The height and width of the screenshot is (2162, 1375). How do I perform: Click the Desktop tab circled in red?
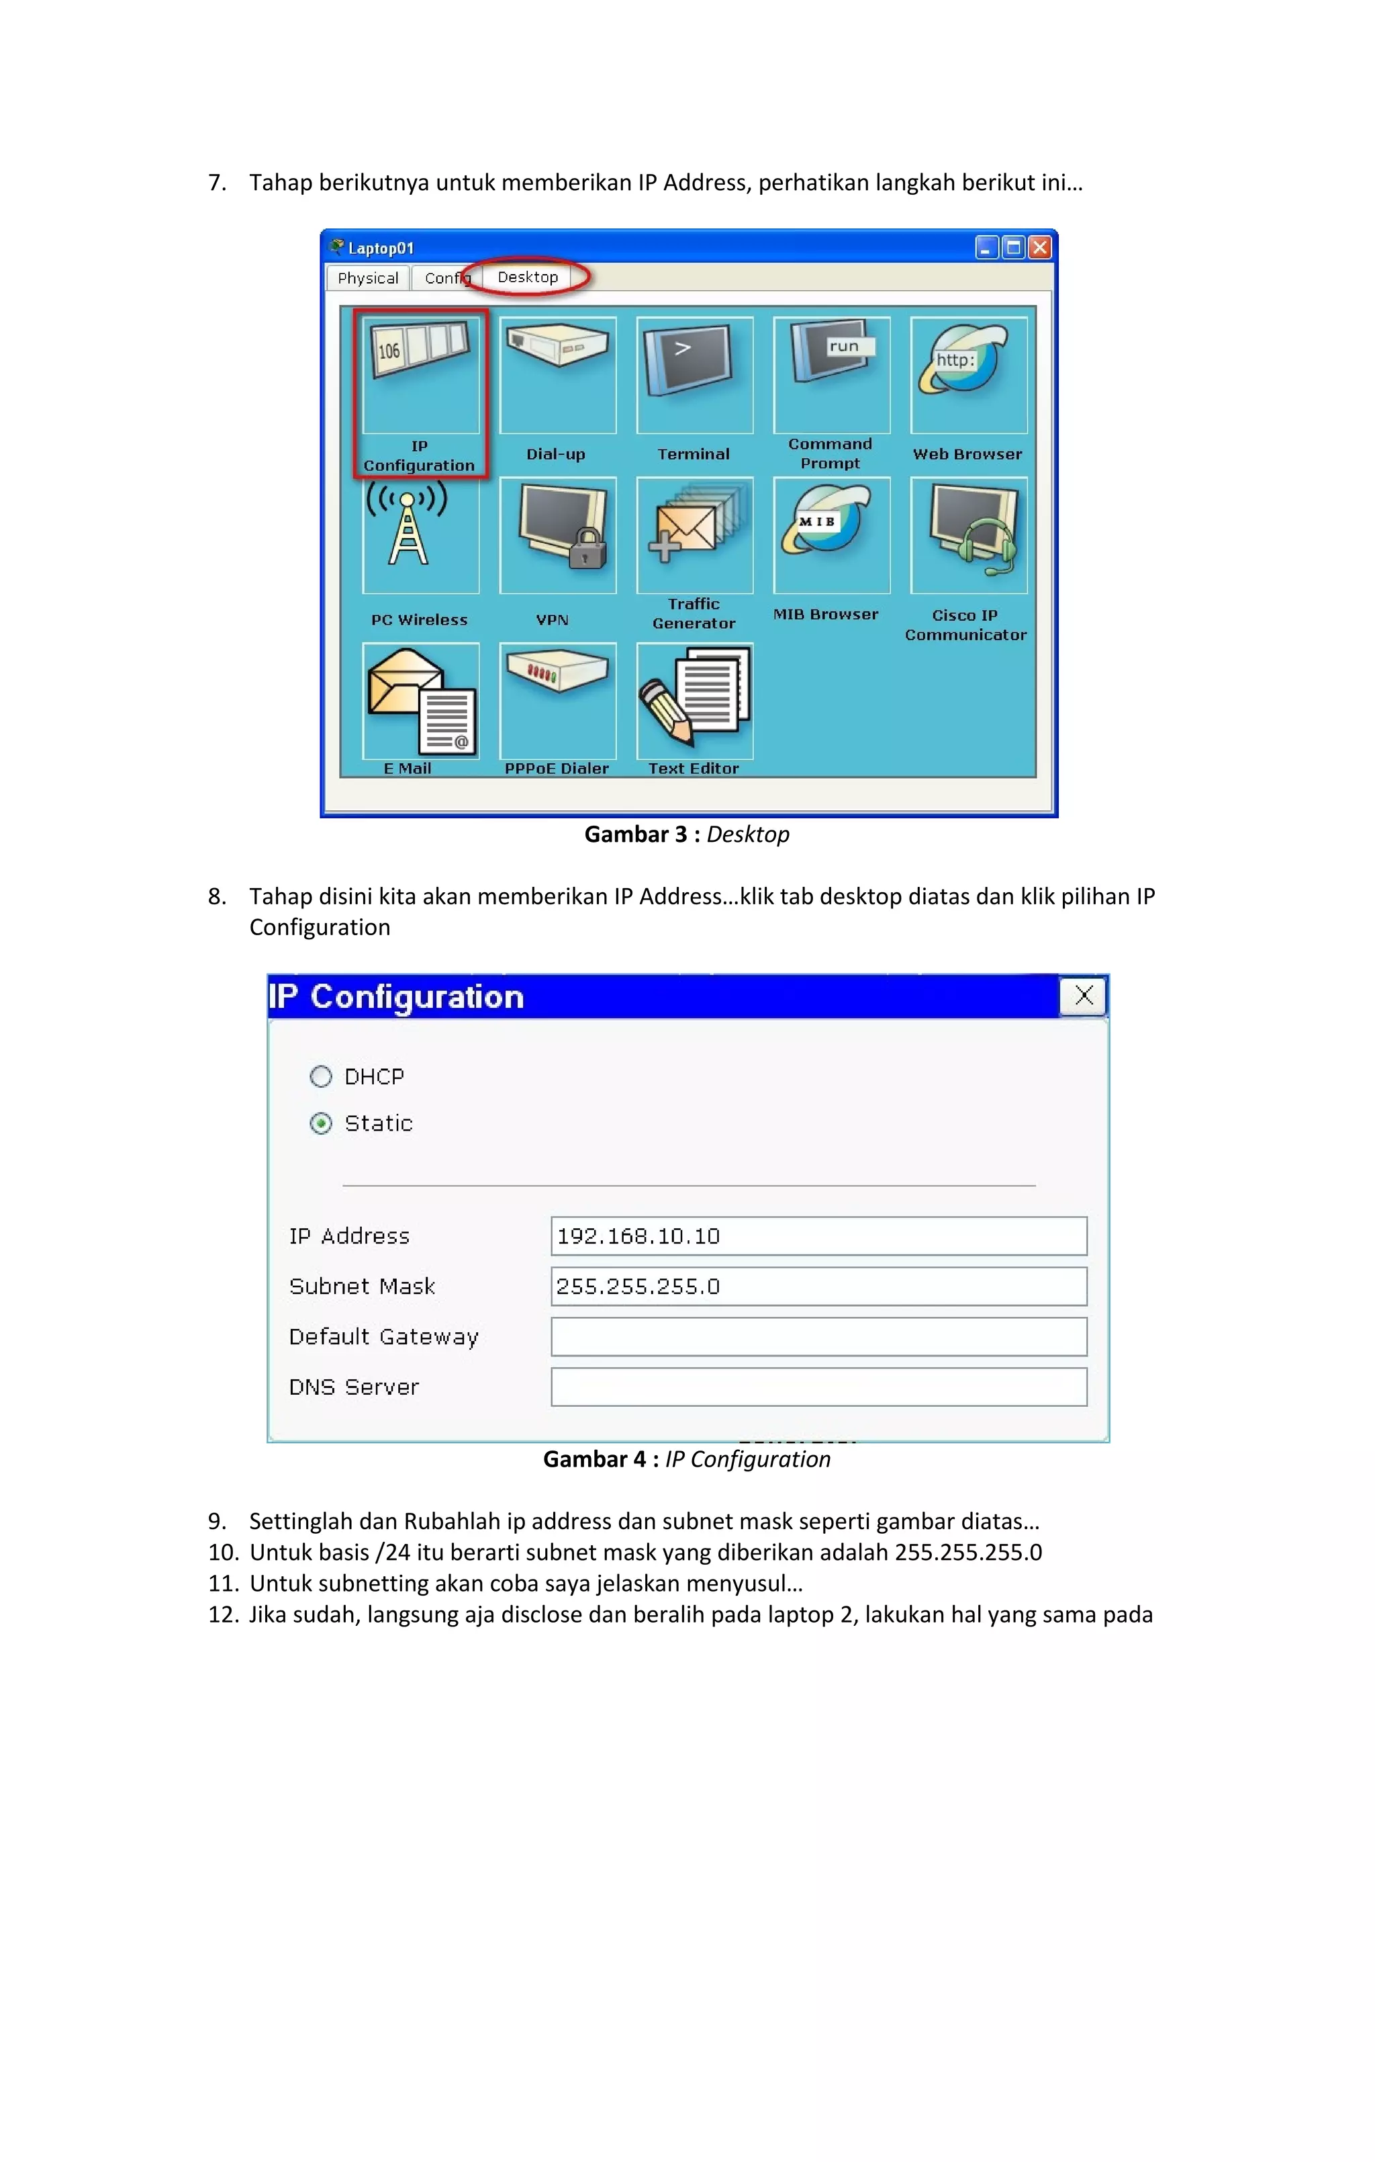click(x=528, y=277)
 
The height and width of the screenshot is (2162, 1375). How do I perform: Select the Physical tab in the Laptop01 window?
click(x=368, y=278)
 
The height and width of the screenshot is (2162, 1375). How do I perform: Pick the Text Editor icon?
click(x=694, y=700)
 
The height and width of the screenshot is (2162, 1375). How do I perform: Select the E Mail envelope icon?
click(x=420, y=700)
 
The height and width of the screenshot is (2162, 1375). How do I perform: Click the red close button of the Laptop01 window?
click(x=1039, y=248)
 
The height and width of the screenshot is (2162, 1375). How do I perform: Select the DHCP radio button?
click(x=320, y=1076)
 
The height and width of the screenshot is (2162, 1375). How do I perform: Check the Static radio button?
click(x=320, y=1123)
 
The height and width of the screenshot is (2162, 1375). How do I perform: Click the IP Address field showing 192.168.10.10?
click(x=818, y=1236)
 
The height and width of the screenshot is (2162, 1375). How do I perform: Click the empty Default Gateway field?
click(x=818, y=1337)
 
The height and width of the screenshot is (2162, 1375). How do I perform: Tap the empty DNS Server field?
click(x=818, y=1387)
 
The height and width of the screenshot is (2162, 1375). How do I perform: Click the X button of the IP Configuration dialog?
click(x=1084, y=996)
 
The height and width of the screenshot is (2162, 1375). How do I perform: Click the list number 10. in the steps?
click(x=223, y=1553)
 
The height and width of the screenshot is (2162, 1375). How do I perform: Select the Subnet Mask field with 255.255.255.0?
click(x=818, y=1287)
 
